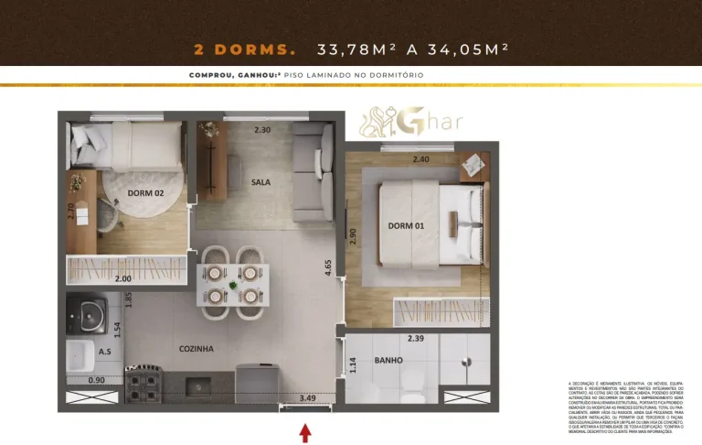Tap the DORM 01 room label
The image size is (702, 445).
[403, 226]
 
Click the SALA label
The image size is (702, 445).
[261, 182]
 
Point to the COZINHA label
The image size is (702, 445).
[196, 349]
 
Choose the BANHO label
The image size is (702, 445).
[388, 361]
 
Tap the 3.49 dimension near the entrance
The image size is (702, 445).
[308, 398]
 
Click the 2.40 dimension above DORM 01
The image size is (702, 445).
[420, 159]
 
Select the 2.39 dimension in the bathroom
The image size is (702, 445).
[416, 338]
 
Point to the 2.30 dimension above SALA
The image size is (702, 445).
[262, 130]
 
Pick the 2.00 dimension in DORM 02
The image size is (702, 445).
[122, 278]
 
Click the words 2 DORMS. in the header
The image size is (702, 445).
[245, 49]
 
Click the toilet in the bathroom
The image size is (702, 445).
[413, 392]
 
